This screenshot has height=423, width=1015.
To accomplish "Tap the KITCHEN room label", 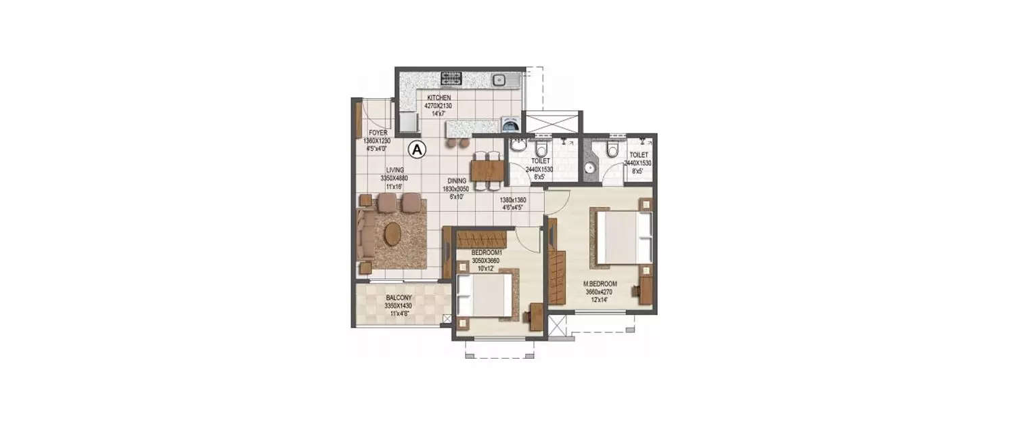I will (x=438, y=98).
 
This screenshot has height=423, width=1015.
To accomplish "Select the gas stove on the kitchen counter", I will (x=451, y=79).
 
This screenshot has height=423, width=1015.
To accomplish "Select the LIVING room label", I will (x=395, y=171).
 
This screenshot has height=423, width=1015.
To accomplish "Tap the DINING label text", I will (x=456, y=181).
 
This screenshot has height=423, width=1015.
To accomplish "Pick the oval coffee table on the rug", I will (x=392, y=235).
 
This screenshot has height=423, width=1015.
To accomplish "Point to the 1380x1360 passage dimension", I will (x=512, y=200).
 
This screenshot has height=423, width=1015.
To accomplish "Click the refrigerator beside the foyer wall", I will (x=408, y=123).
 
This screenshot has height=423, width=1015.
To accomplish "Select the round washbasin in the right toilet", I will (x=587, y=168).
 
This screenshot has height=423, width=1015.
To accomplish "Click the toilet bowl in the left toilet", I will (x=541, y=149).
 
